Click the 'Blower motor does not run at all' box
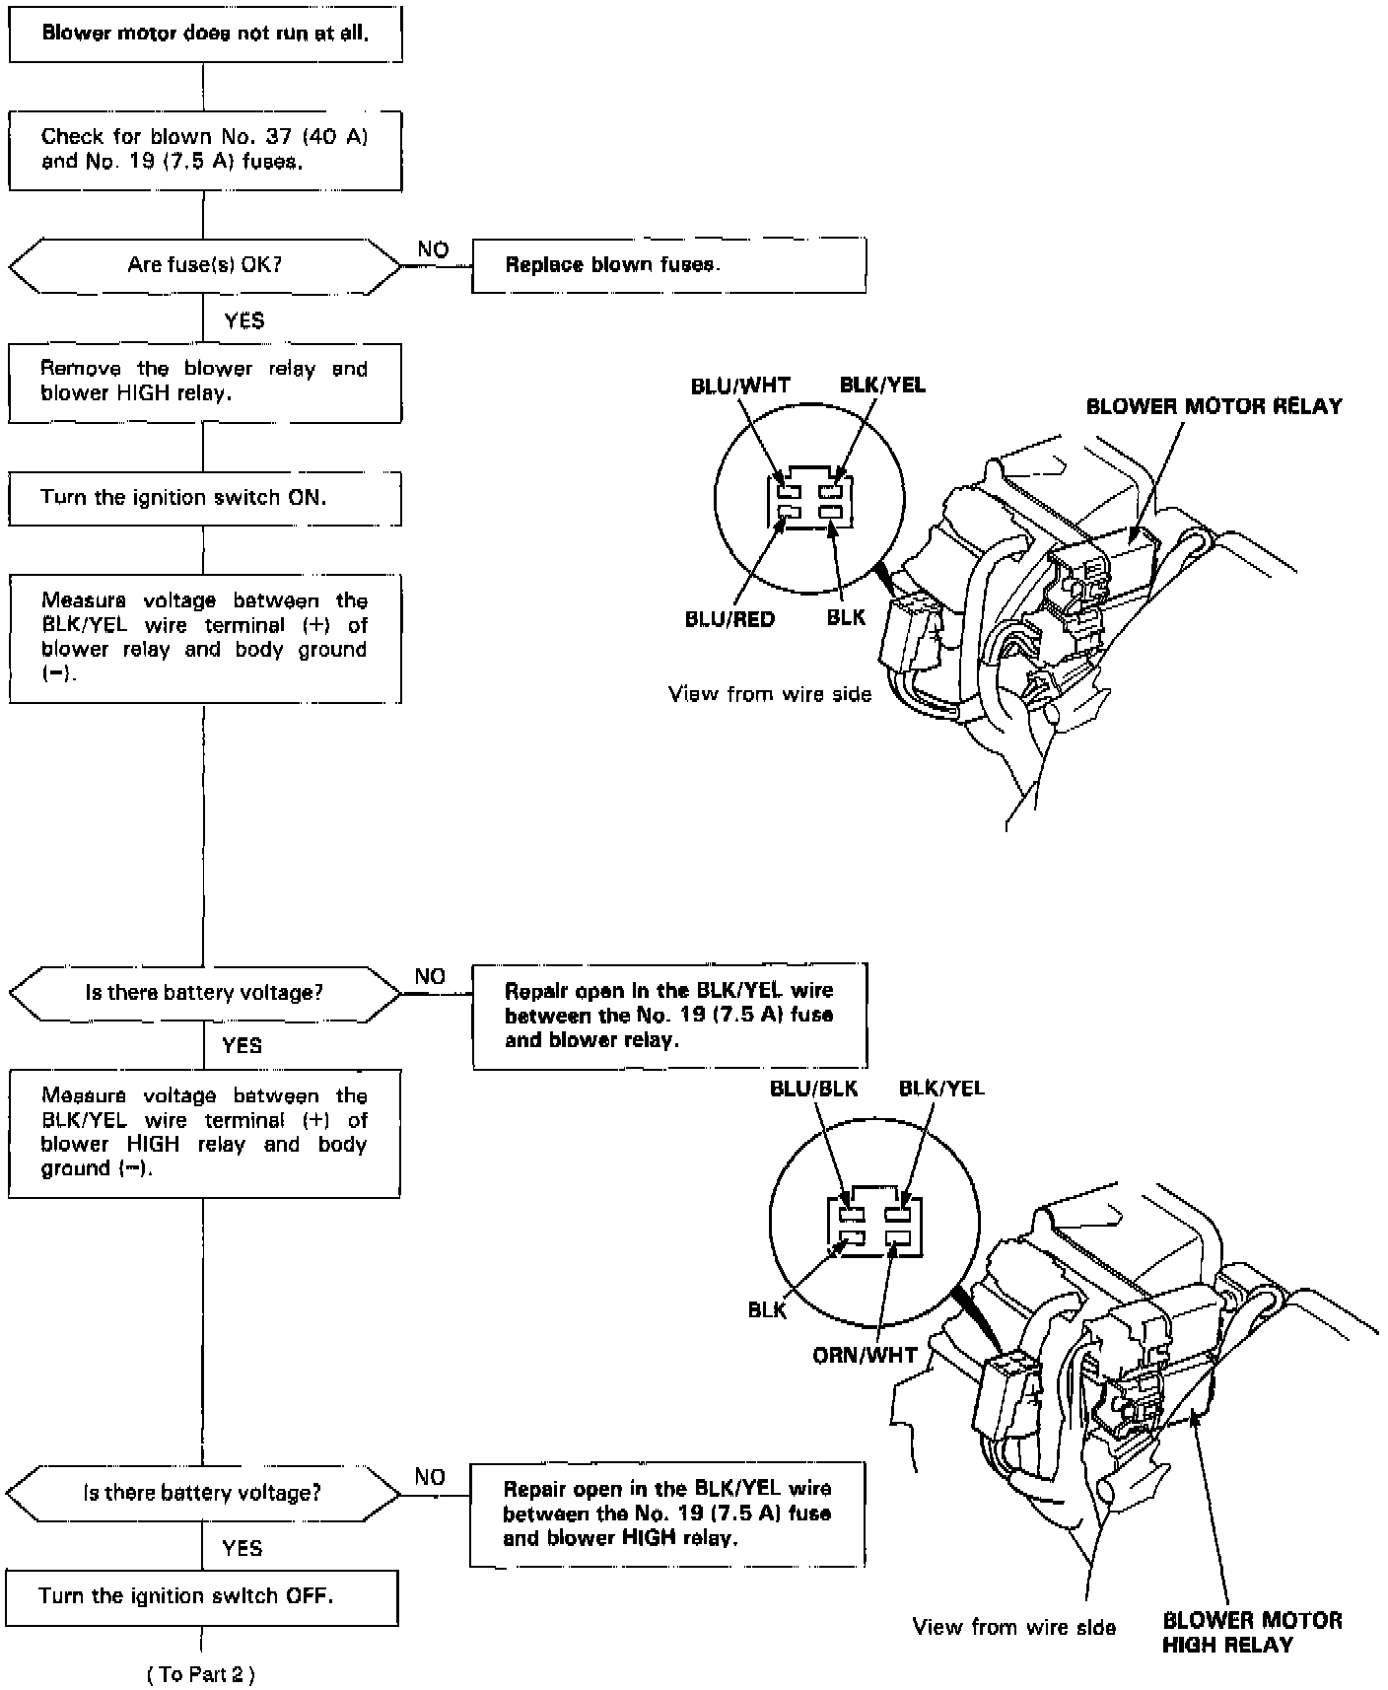205,34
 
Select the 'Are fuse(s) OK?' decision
205,265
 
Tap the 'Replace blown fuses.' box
668,265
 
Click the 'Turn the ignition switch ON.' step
205,498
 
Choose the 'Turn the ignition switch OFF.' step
202,1596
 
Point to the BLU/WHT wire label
740,386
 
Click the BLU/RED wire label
729,619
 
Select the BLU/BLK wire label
813,1089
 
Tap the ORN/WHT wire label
865,1356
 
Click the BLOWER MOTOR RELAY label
1214,406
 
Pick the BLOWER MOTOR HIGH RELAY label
1252,1632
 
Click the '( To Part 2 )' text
201,1674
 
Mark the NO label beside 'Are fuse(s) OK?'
433,249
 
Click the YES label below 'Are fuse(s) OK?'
244,320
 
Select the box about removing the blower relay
205,382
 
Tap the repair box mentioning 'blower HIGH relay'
667,1514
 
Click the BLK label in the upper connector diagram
846,617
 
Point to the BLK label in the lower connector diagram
767,1309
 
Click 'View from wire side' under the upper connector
770,694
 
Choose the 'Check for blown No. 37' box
205,149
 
